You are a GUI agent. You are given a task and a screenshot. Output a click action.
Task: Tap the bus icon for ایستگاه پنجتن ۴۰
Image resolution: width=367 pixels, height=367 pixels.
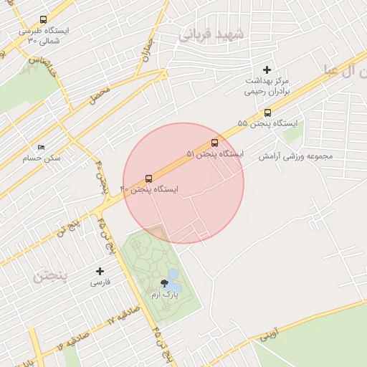tap(148, 177)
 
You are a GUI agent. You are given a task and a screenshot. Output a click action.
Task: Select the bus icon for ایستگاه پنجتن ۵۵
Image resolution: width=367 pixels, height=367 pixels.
tap(268, 112)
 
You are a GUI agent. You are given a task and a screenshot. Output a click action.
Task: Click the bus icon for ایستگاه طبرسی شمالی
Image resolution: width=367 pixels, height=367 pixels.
tap(43, 20)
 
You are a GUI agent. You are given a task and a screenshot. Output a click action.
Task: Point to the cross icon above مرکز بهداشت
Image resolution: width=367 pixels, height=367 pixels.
tap(267, 70)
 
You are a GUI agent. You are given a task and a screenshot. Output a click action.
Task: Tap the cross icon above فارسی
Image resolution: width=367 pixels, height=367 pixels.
tap(100, 271)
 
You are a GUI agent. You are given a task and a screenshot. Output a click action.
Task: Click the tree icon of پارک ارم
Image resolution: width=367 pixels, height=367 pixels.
tap(165, 284)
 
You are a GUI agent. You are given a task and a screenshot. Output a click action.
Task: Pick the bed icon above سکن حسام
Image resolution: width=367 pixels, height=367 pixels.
tap(41, 147)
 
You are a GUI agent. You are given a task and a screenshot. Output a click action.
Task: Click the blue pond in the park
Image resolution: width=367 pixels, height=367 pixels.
tap(173, 275)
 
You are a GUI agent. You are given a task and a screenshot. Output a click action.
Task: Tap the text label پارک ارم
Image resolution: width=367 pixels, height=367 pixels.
tap(165, 295)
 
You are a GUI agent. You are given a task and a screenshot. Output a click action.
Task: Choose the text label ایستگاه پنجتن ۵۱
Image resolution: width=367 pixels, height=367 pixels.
tap(215, 153)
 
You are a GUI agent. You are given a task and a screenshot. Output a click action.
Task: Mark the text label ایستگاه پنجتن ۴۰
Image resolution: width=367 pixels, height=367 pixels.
tap(148, 189)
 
